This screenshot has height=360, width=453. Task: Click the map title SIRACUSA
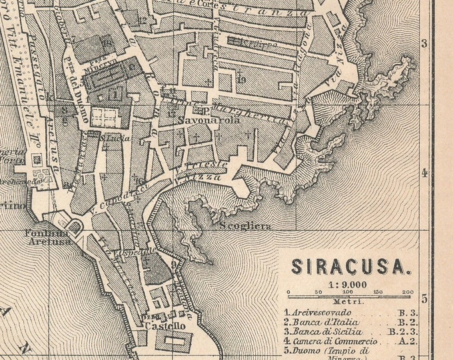[348, 267]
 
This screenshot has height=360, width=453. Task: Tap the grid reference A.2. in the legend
[407, 341]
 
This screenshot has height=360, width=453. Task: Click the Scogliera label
[245, 227]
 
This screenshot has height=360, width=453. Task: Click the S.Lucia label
[115, 138]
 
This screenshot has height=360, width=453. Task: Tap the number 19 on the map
[240, 80]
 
